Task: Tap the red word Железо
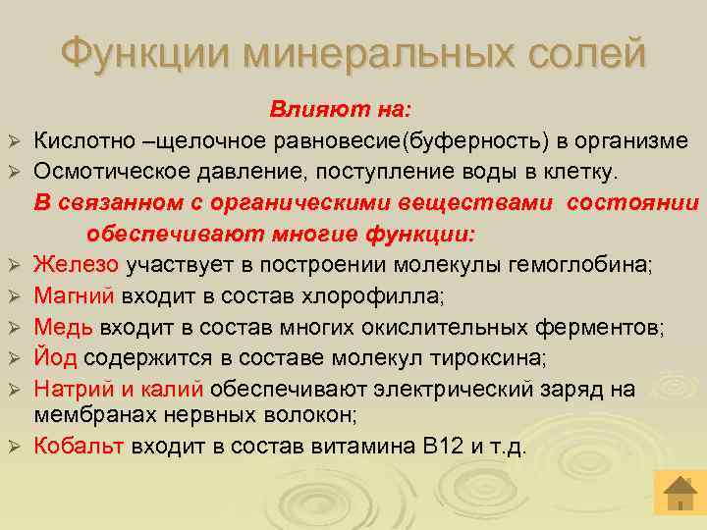coord(77,263)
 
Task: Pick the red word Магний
coord(75,294)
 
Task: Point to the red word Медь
coord(64,326)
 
